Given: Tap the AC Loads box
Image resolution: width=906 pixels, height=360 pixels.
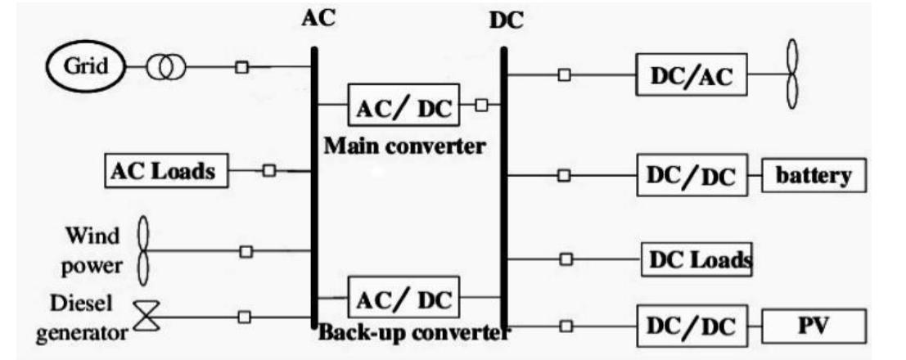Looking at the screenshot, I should (164, 171).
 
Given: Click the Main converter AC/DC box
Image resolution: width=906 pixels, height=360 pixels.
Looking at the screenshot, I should (402, 106).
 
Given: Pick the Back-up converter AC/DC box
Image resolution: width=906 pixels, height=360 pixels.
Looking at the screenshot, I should (402, 298).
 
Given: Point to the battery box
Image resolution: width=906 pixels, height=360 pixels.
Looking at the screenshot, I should (813, 176).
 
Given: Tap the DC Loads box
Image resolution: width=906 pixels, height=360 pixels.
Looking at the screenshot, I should (696, 259).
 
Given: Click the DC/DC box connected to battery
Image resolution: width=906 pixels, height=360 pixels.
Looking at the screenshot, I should (692, 174).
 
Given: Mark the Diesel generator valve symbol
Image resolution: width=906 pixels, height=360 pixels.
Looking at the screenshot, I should (147, 316).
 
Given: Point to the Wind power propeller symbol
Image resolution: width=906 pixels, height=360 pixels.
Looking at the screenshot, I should (144, 249).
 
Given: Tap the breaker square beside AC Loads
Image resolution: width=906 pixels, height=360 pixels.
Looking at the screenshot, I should (268, 170).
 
